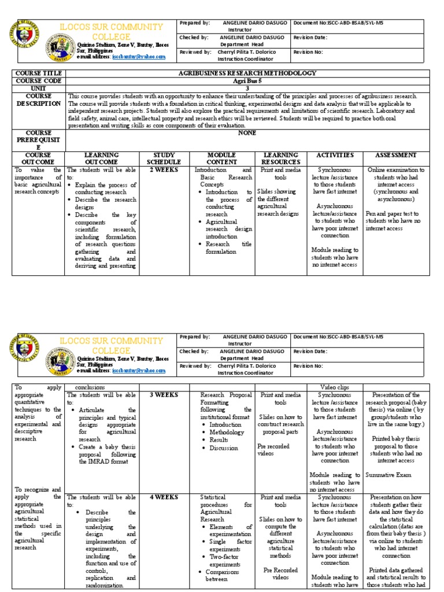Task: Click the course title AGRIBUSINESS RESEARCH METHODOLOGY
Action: tap(248, 73)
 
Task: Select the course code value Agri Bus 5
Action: tap(248, 81)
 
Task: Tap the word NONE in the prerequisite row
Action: tap(247, 133)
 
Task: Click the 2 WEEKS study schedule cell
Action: tap(164, 171)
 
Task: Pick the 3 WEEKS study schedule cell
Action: tap(164, 395)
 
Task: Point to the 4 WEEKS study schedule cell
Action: tap(164, 497)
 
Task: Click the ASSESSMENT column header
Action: tap(395, 155)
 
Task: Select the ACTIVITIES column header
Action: tap(334, 155)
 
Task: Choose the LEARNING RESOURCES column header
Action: tap(280, 158)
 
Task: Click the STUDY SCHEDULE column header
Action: tap(164, 158)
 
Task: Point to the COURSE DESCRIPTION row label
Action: tap(39, 99)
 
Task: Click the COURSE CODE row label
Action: tap(39, 81)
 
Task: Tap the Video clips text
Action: tap(334, 386)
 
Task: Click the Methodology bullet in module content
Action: tap(223, 432)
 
